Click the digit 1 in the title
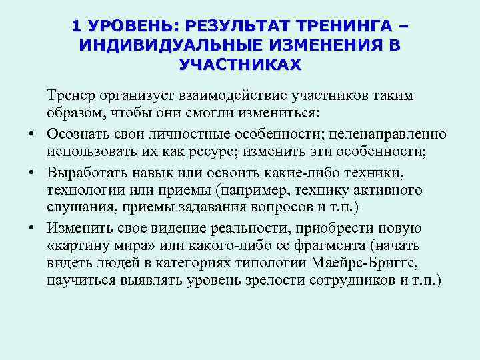tap(76, 27)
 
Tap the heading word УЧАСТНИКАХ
tap(240, 65)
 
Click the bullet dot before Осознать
tap(32, 134)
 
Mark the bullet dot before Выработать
tap(32, 171)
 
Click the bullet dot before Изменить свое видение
tap(32, 227)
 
